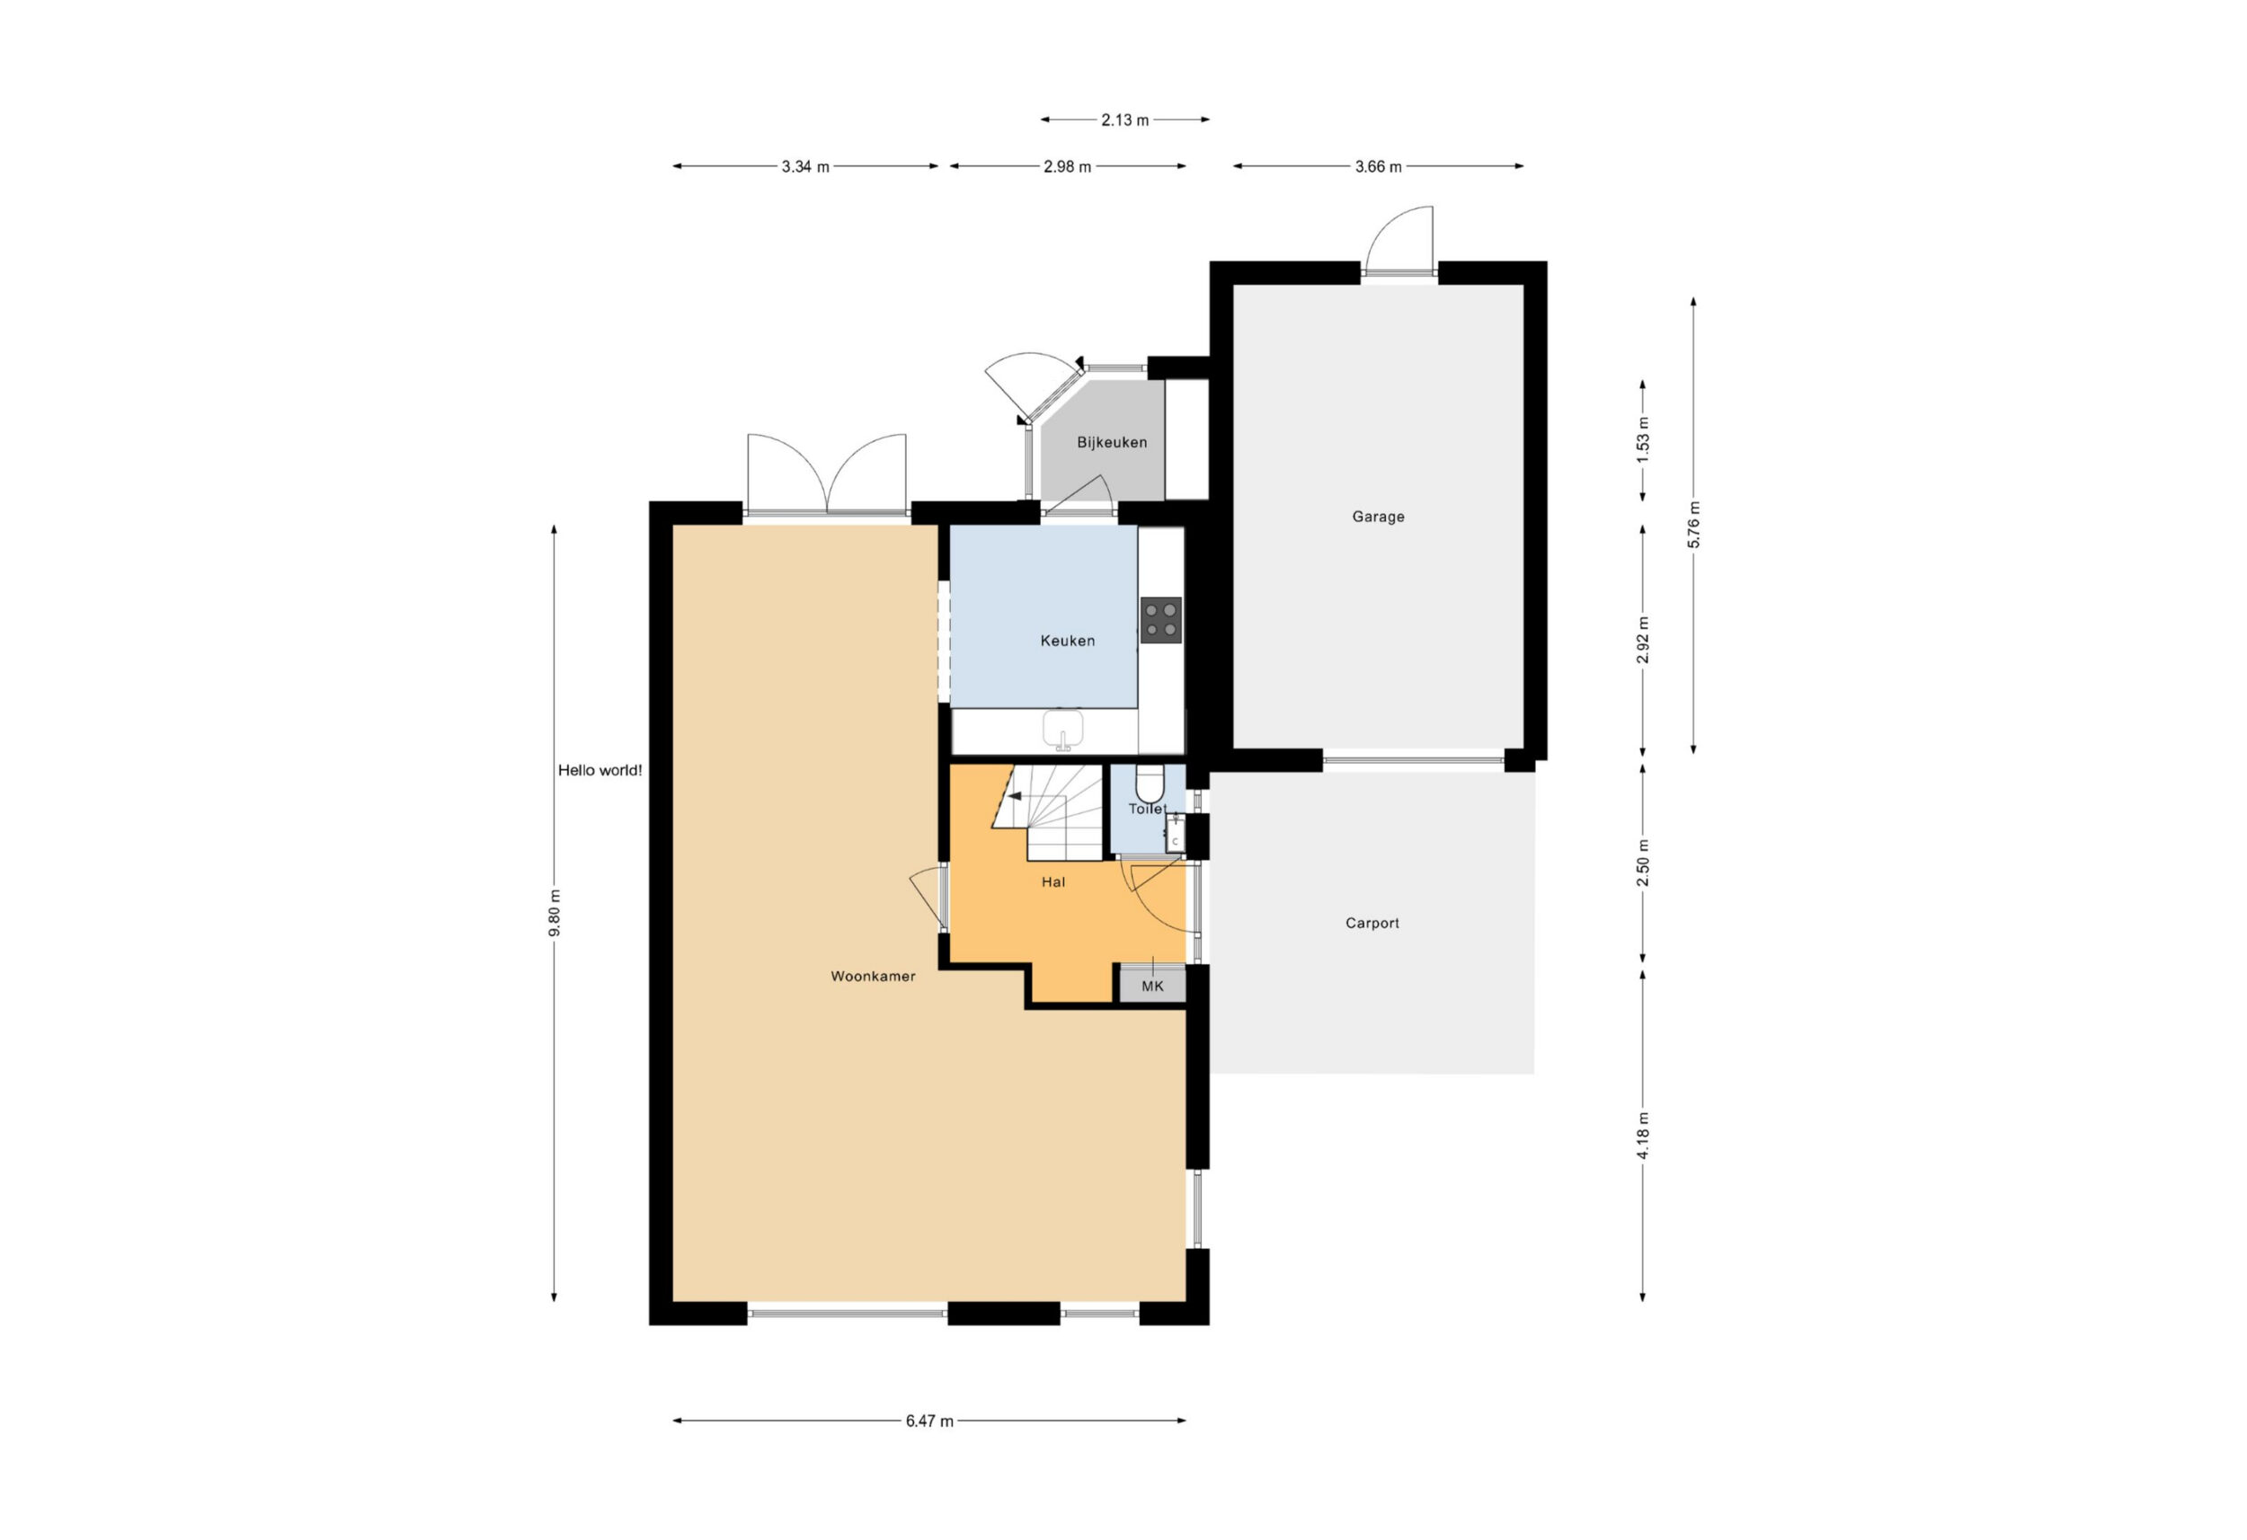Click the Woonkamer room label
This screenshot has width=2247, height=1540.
pyautogui.click(x=872, y=977)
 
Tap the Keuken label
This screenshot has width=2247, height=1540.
pyautogui.click(x=1068, y=641)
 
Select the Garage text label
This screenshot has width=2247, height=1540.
pyautogui.click(x=1378, y=518)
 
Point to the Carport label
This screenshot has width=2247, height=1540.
pyautogui.click(x=1372, y=924)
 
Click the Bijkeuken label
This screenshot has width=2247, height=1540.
pyautogui.click(x=1112, y=443)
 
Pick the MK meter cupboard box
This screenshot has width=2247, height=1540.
pyautogui.click(x=1152, y=984)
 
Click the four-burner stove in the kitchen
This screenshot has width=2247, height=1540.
pyautogui.click(x=1160, y=620)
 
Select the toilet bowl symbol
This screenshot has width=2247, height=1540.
pyautogui.click(x=1149, y=783)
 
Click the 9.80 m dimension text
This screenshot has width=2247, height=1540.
pyautogui.click(x=555, y=913)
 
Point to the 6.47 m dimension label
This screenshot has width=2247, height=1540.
pyautogui.click(x=929, y=1421)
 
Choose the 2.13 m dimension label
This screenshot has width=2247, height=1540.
pyautogui.click(x=1124, y=119)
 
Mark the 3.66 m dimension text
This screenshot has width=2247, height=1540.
pyautogui.click(x=1378, y=166)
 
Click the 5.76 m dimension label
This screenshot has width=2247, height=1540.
pyautogui.click(x=1693, y=525)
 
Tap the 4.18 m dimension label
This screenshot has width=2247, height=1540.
pyautogui.click(x=1643, y=1136)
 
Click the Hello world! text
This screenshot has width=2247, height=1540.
pyautogui.click(x=599, y=771)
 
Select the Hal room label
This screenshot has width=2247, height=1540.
pyautogui.click(x=1052, y=881)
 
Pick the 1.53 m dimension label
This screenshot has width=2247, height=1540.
pyautogui.click(x=1643, y=440)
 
